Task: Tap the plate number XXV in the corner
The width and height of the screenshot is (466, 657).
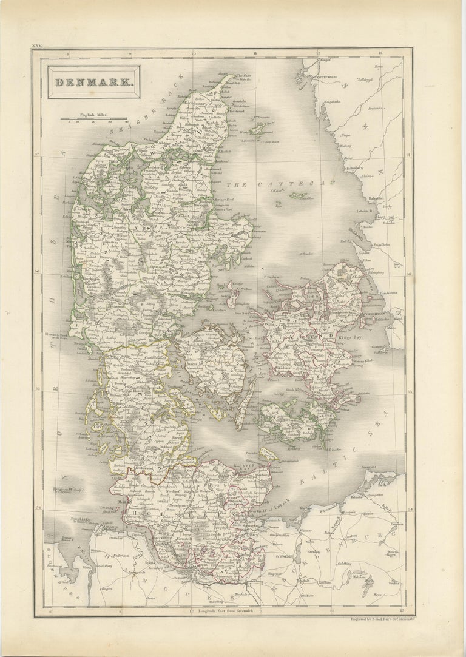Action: point(38,45)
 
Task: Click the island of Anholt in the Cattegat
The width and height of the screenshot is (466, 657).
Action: point(297,195)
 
